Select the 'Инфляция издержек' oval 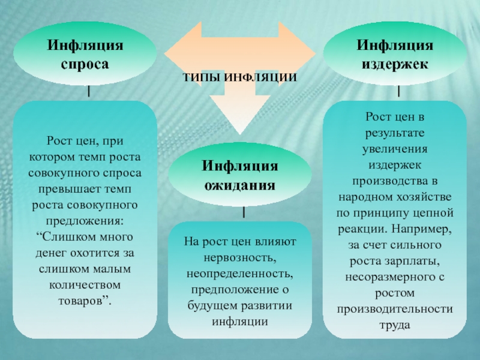click(x=394, y=55)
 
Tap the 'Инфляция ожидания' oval click(x=239, y=175)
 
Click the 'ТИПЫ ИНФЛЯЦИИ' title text click(x=240, y=78)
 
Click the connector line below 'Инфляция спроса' click(x=89, y=91)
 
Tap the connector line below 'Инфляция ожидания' click(x=244, y=212)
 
